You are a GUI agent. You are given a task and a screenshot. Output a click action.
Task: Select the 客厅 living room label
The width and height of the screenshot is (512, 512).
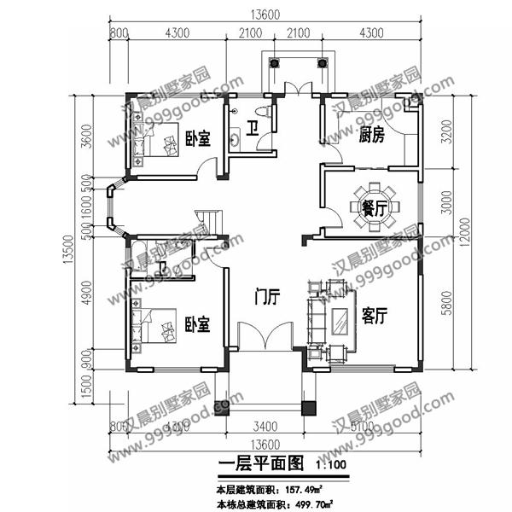[375, 316]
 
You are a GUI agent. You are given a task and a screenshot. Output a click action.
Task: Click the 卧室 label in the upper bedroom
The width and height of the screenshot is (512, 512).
[198, 138]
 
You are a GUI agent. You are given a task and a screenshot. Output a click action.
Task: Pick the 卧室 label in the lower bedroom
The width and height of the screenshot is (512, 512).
[198, 325]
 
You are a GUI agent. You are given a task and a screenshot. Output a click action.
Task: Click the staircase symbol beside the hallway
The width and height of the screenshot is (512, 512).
[210, 220]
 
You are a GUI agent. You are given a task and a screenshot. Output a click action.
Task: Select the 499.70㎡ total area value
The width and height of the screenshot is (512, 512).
[305, 504]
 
